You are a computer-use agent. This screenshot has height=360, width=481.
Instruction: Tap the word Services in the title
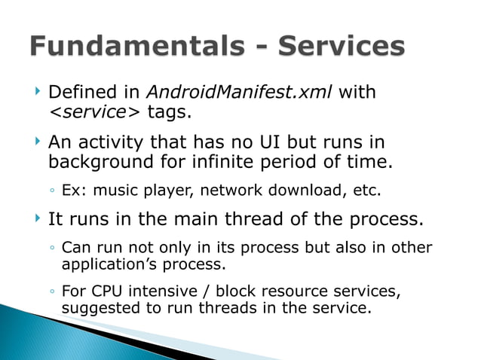pyautogui.click(x=342, y=46)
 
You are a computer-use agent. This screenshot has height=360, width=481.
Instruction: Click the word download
pyautogui.click(x=314, y=191)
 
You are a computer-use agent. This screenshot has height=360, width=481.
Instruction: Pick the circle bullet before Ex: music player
pyautogui.click(x=51, y=191)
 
